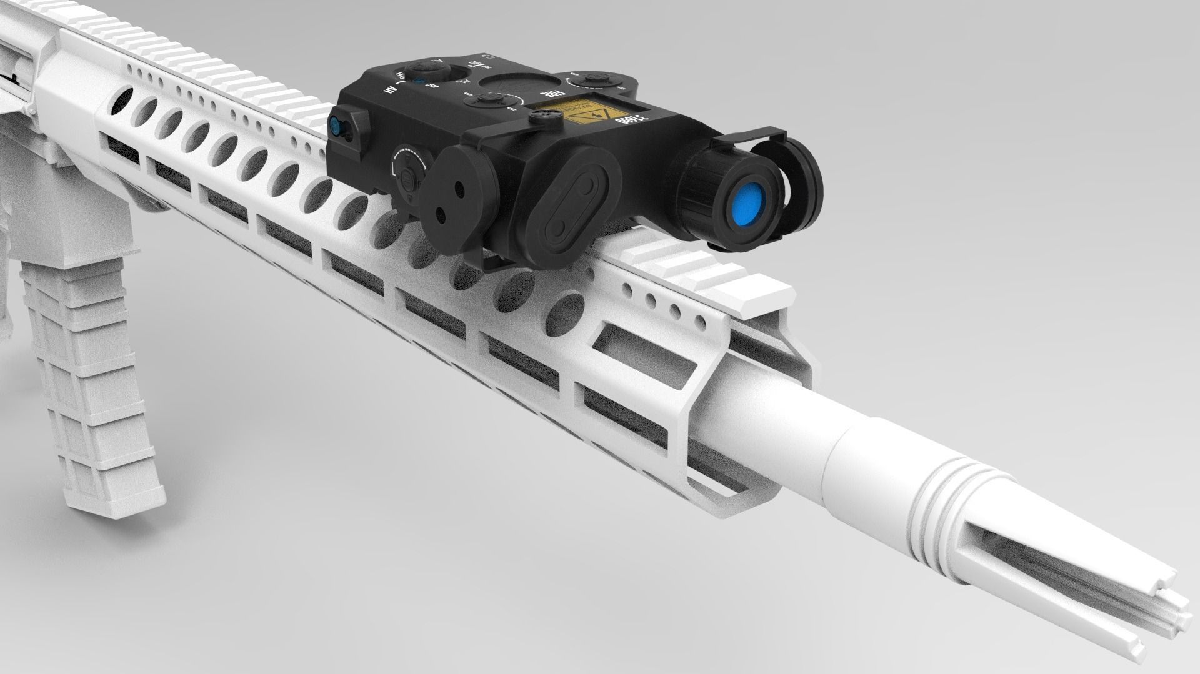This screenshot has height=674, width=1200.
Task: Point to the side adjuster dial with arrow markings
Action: [x=407, y=169]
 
